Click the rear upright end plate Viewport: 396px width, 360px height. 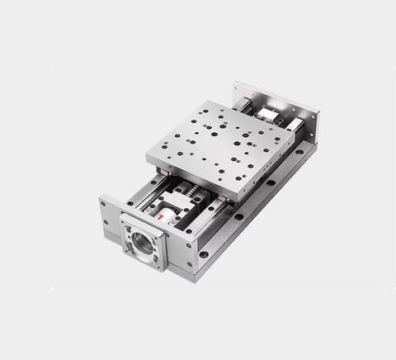coord(276,104)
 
